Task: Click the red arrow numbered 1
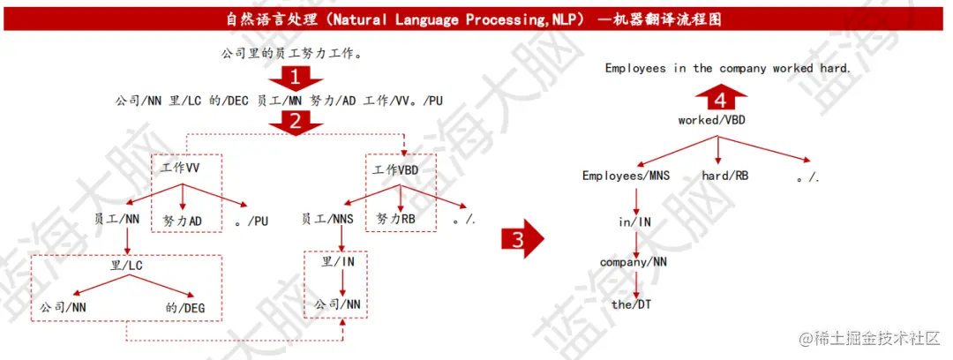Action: pos(296,78)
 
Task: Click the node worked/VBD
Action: pos(710,120)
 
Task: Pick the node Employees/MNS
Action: pos(626,176)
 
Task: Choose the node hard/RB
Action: pos(725,176)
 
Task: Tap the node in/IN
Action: pos(634,222)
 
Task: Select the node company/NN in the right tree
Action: pos(634,262)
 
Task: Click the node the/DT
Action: pos(634,304)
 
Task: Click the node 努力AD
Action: pos(183,220)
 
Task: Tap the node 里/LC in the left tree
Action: pos(128,263)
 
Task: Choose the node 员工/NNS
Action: pos(327,220)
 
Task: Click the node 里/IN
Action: pos(338,262)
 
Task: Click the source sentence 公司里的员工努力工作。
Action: pos(292,54)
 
